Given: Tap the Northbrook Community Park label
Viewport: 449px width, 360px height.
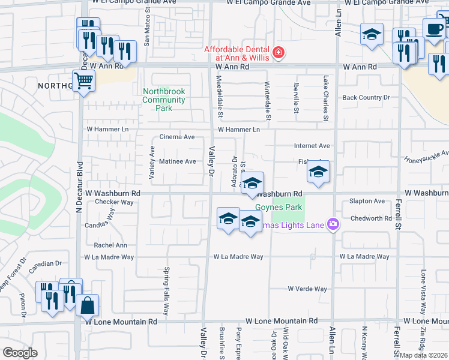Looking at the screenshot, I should (164, 100).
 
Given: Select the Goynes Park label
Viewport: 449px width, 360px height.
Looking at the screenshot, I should (273, 207).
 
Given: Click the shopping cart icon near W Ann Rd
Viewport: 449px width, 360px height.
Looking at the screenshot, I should (84, 80).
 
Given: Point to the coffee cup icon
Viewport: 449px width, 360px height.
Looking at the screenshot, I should (434, 29).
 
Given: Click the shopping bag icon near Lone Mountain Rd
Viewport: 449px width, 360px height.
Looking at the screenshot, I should (87, 305).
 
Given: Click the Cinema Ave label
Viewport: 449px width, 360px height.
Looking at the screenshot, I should (176, 137).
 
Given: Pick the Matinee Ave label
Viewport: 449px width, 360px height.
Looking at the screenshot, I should (178, 161).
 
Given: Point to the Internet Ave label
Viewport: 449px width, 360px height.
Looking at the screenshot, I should (312, 146).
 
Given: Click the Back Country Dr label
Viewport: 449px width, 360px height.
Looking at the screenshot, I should (366, 97).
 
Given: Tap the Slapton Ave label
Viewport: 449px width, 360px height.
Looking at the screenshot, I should (367, 201).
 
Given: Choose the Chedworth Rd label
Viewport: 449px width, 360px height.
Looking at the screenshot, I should (370, 218).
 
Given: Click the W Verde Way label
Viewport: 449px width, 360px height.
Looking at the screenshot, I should (307, 289).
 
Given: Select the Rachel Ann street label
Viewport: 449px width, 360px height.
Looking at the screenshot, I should (110, 245).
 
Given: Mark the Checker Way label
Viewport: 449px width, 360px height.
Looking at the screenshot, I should (114, 202).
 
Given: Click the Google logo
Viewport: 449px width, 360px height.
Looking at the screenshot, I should (20, 352).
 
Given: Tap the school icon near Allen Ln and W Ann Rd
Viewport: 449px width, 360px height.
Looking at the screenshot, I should (372, 34).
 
